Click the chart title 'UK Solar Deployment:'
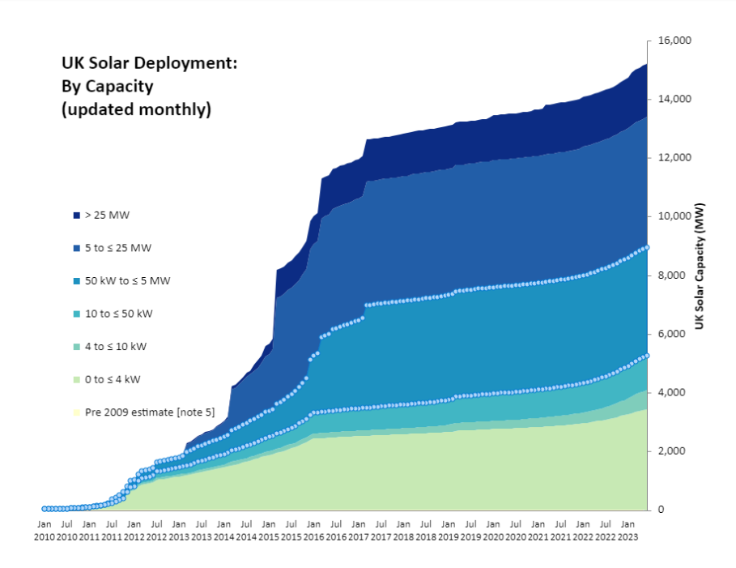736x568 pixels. (149, 63)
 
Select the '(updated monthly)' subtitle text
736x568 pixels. (136, 109)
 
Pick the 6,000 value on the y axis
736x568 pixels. (674, 334)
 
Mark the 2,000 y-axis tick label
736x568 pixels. (674, 451)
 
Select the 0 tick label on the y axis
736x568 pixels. (661, 510)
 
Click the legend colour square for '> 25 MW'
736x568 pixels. (76, 216)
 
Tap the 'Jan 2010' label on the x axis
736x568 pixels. (44, 531)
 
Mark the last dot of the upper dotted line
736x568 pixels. (646, 247)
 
